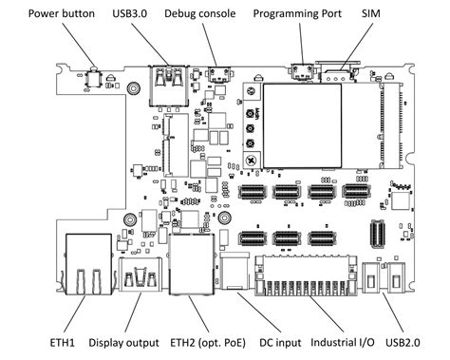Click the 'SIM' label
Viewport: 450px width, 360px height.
click(372, 15)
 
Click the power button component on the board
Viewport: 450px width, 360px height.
click(95, 77)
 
